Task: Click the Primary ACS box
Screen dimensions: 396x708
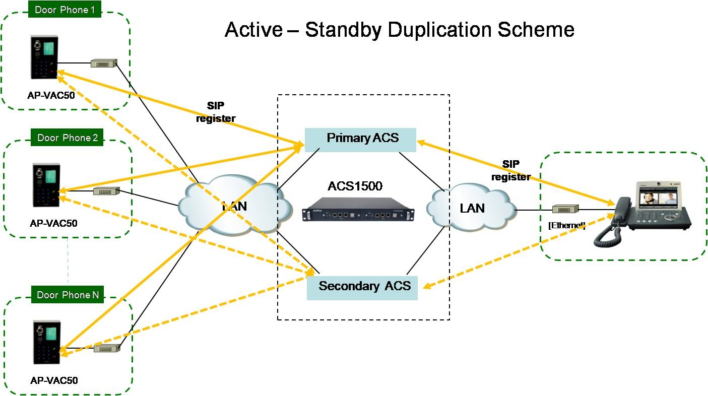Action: (x=360, y=139)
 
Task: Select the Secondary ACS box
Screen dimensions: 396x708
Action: (x=362, y=287)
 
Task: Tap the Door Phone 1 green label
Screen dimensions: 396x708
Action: (x=65, y=10)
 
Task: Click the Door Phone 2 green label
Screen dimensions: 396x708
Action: (x=67, y=138)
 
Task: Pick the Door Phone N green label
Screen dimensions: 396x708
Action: (x=68, y=295)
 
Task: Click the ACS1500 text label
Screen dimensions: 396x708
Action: (x=355, y=186)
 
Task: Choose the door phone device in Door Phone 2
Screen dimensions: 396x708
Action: (x=46, y=185)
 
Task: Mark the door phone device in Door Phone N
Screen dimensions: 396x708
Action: (x=46, y=343)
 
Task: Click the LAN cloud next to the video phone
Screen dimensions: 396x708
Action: (x=471, y=208)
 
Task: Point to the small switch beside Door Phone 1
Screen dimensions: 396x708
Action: (x=103, y=63)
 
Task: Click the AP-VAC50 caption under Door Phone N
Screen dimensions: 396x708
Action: (x=54, y=380)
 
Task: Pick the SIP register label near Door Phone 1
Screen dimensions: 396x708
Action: (x=216, y=112)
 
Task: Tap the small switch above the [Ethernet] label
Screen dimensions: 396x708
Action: (x=565, y=209)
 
